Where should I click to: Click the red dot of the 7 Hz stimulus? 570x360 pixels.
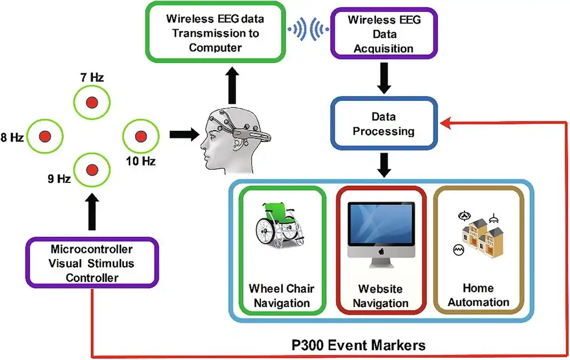(x=90, y=102)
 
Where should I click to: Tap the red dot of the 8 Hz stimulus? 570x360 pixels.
(x=44, y=136)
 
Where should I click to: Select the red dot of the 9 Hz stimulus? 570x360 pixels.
(x=91, y=170)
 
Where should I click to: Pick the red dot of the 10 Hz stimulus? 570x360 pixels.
(x=140, y=136)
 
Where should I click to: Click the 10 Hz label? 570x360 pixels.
(x=141, y=162)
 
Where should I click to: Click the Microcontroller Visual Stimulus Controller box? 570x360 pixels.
(x=92, y=263)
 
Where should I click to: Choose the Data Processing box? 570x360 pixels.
(x=383, y=123)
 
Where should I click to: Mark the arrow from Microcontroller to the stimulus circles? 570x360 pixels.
(x=91, y=212)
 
